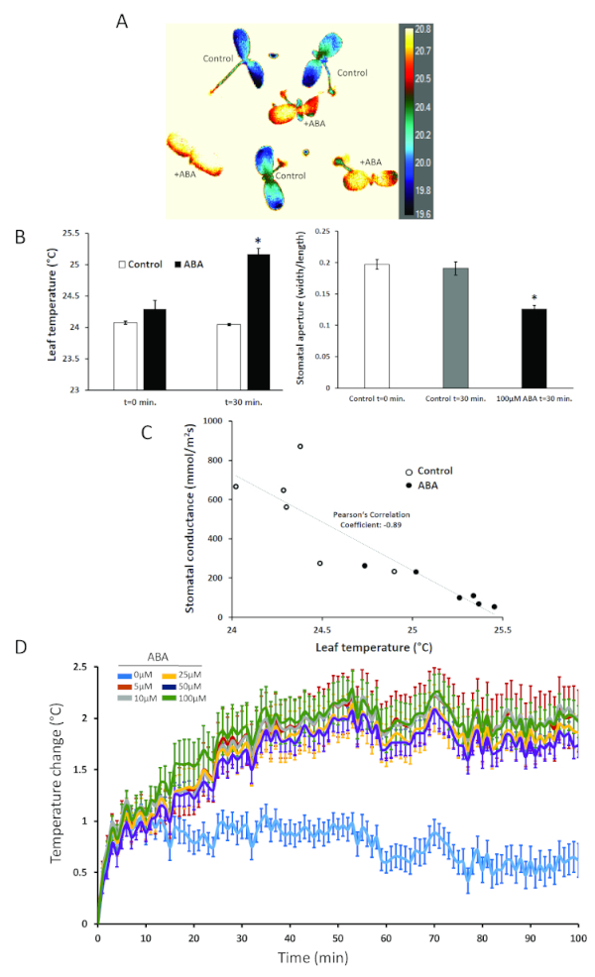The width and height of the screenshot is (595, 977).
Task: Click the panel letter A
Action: coord(121,19)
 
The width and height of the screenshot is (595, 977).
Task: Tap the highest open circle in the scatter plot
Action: coord(299,446)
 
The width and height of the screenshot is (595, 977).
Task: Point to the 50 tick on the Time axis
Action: coord(337,936)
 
